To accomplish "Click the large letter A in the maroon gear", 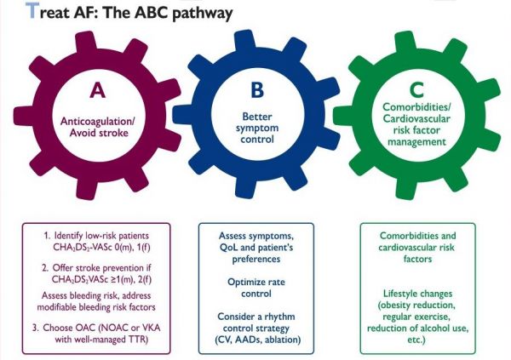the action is coord(97,90).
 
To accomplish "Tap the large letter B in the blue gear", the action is coord(257,89).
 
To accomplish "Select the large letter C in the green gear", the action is coord(416,89).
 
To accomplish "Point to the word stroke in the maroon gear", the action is coord(113,133).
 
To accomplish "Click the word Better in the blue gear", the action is coord(257,117).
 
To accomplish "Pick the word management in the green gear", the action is coord(416,142).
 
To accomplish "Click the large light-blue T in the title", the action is coord(32,10).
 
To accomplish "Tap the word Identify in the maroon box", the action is coord(68,236).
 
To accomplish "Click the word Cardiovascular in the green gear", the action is coord(416,118).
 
